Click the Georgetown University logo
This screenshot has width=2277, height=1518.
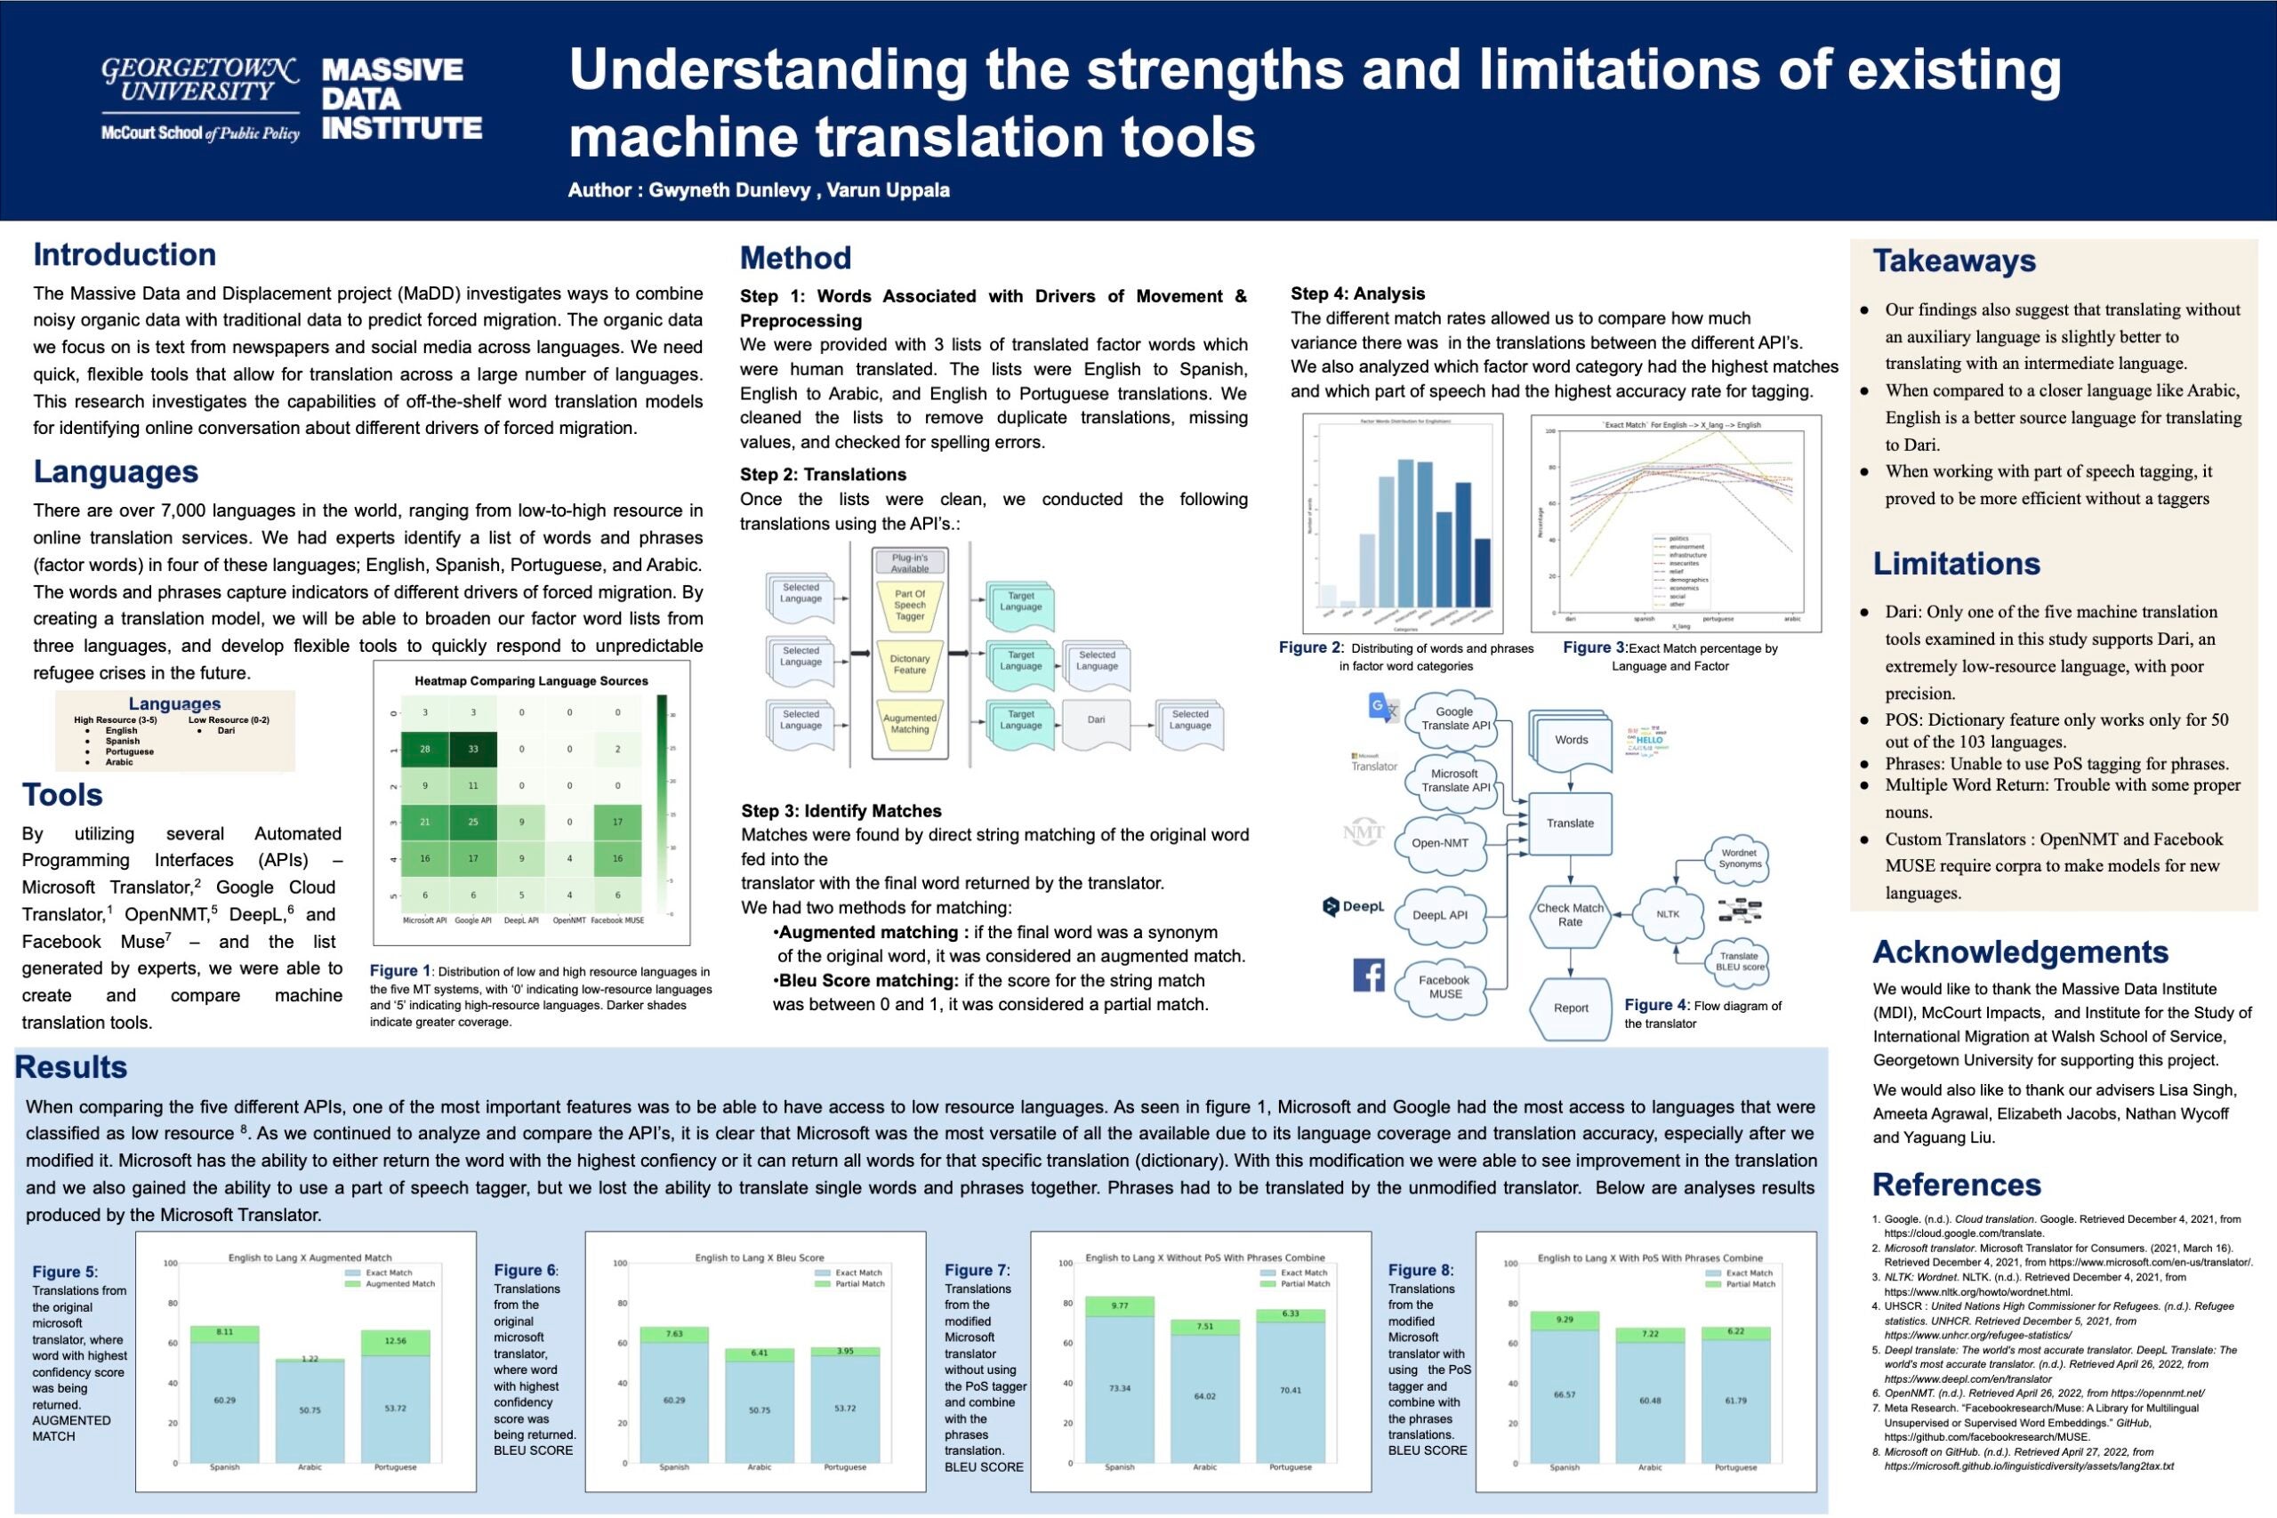point(200,99)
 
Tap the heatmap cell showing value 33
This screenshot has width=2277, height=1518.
point(472,749)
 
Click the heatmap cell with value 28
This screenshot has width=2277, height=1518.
point(424,749)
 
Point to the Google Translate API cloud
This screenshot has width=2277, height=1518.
point(1455,719)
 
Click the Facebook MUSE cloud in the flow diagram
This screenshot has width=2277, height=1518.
point(1444,986)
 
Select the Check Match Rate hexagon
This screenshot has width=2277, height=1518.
point(1569,915)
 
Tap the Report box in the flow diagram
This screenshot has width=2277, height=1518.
point(1570,1008)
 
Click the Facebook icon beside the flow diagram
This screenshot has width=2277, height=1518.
point(1368,975)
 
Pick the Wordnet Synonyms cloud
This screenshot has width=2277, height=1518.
point(1740,858)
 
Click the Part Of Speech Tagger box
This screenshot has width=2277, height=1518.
point(909,605)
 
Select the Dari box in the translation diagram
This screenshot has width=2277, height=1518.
point(1096,721)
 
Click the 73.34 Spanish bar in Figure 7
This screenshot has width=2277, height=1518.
point(1119,1388)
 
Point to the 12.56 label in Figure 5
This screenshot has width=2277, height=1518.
point(395,1341)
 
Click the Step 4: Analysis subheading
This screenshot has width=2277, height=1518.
point(1357,293)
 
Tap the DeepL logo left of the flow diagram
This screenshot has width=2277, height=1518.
point(1354,907)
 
